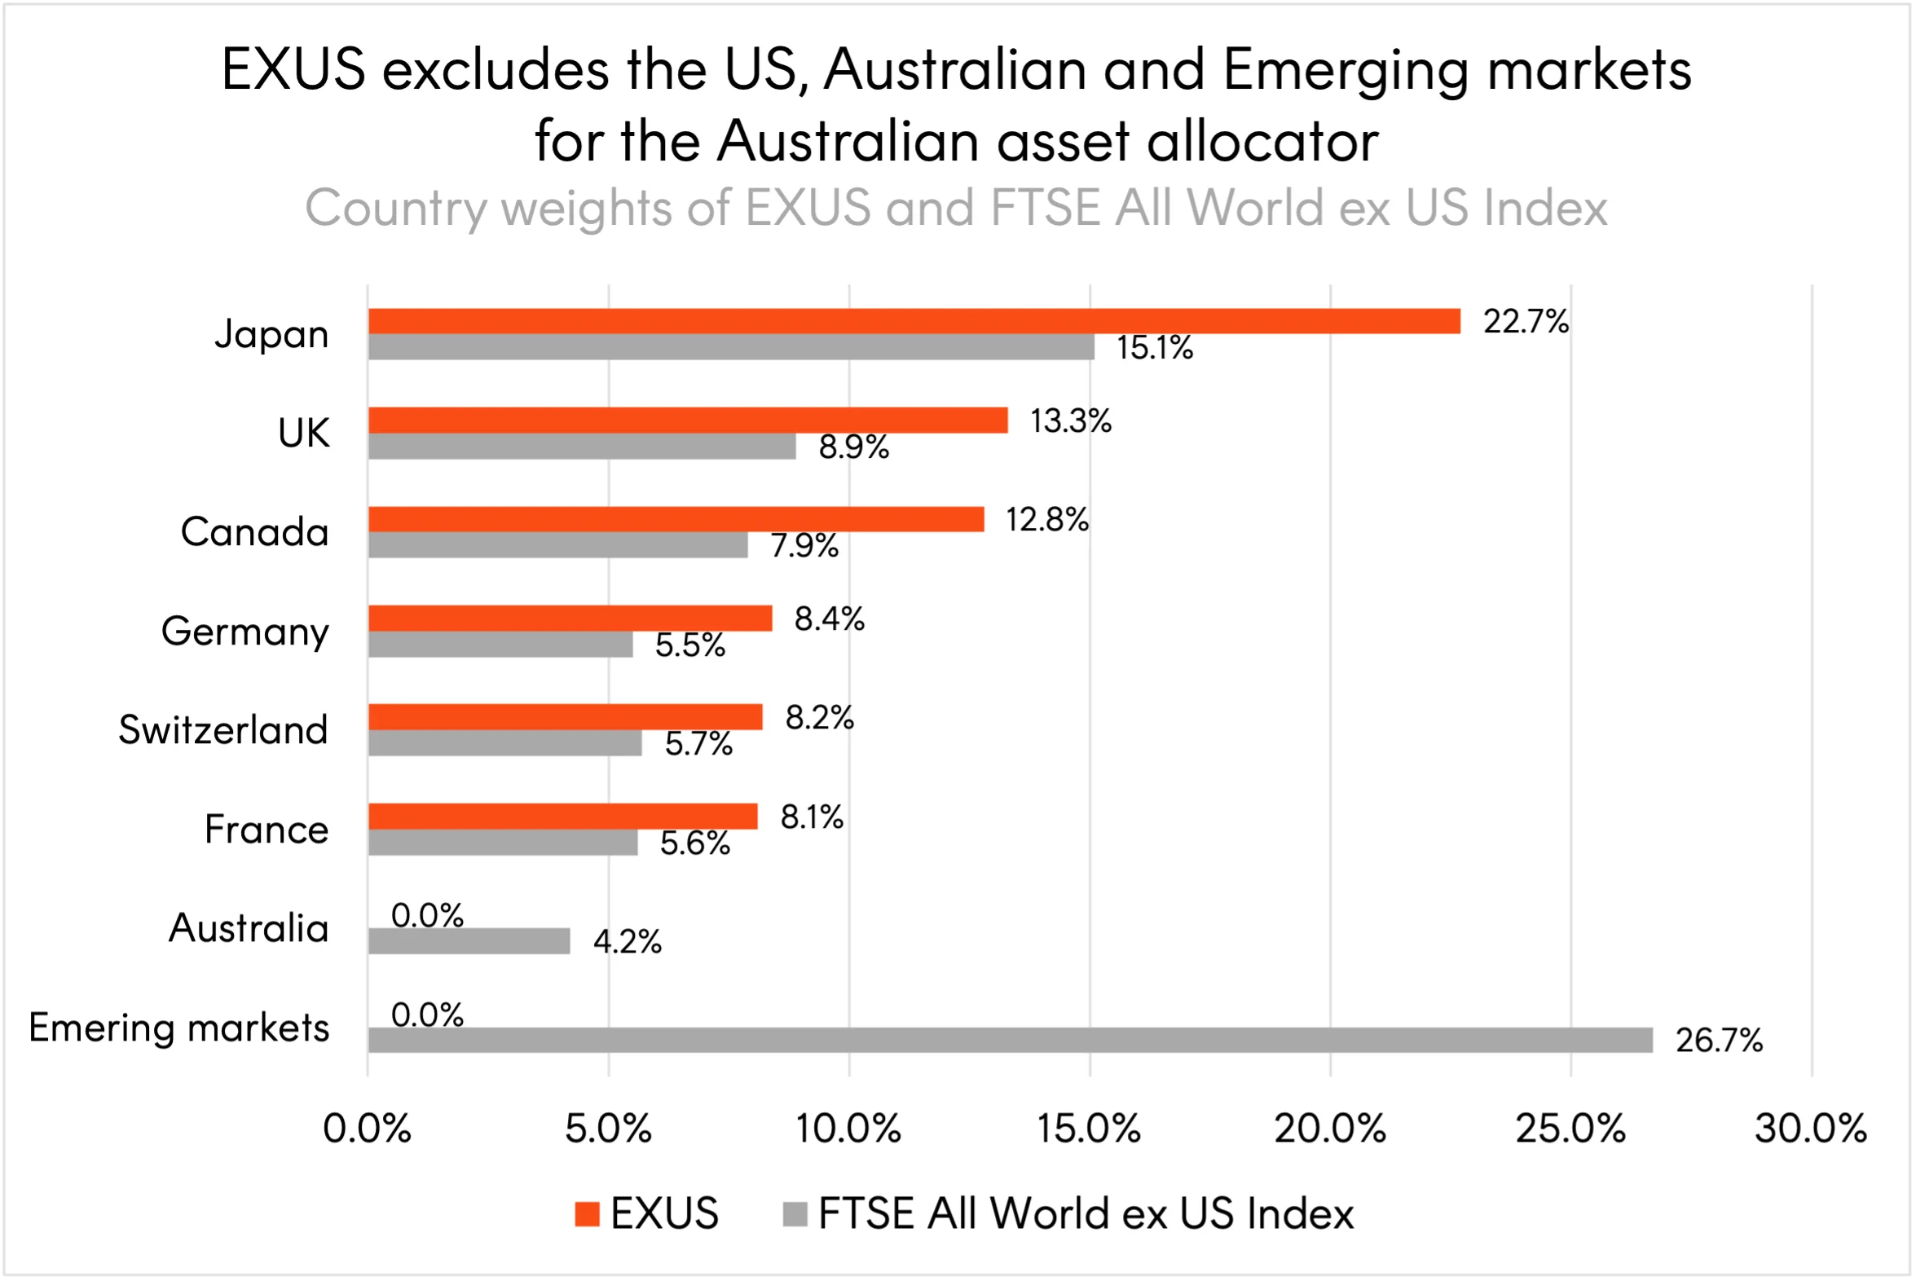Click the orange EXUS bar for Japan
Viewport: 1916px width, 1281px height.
914,321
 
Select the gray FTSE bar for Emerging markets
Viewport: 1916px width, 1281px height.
1010,1040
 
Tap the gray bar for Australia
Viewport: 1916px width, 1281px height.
469,941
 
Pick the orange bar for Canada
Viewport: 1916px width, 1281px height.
676,520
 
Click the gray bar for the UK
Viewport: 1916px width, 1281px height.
582,446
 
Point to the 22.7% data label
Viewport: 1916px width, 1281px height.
1526,322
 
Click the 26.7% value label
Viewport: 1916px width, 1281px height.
1719,1041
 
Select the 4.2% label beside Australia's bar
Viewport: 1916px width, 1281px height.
627,942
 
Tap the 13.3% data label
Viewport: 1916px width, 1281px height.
1070,421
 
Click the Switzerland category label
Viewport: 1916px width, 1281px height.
223,729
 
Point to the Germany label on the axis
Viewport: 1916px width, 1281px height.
245,632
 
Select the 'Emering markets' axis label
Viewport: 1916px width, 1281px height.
179,1028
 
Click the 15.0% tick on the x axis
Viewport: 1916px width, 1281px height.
1088,1129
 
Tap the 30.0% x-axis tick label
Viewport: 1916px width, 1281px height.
1811,1129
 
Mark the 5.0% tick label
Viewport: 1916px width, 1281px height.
608,1129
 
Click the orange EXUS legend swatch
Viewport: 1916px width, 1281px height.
587,1214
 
